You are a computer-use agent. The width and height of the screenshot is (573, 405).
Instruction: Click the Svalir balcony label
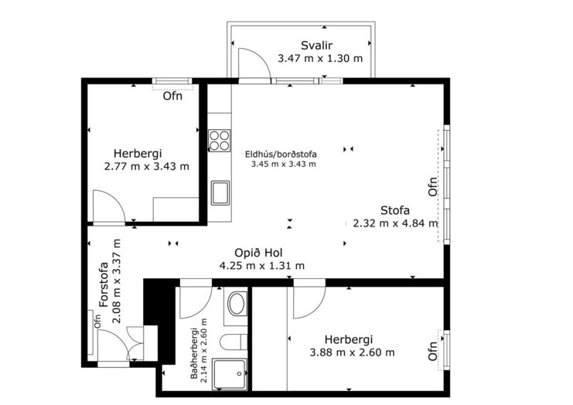click(x=316, y=46)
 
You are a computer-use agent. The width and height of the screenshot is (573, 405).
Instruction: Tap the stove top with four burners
click(x=220, y=141)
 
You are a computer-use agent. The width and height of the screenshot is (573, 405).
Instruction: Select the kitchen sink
click(x=220, y=192)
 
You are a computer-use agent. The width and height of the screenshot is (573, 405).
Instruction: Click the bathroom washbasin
click(x=237, y=304)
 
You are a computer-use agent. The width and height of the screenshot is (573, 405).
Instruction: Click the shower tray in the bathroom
click(x=230, y=374)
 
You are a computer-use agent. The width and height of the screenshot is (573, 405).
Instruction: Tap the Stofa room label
click(x=394, y=210)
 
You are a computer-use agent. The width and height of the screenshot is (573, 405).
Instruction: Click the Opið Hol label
click(x=258, y=253)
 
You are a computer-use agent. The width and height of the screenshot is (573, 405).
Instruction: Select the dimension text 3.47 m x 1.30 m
click(x=320, y=59)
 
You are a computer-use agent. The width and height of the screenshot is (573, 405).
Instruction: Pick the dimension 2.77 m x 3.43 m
click(x=147, y=166)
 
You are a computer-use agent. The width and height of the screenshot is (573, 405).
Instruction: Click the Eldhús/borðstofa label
click(x=281, y=154)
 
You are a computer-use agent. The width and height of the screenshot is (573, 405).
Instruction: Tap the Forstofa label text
click(x=104, y=284)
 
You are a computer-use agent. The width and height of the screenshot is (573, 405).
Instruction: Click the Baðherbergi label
click(x=194, y=353)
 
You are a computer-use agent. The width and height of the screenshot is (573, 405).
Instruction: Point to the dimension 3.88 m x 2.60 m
click(x=353, y=352)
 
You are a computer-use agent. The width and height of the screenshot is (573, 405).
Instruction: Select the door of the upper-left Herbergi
click(x=109, y=206)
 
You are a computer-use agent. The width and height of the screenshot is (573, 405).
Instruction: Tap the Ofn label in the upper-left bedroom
click(x=172, y=96)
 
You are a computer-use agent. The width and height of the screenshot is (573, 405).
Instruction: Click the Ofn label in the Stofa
click(x=433, y=187)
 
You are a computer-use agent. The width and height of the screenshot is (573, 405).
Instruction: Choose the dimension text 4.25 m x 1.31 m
click(x=261, y=266)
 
